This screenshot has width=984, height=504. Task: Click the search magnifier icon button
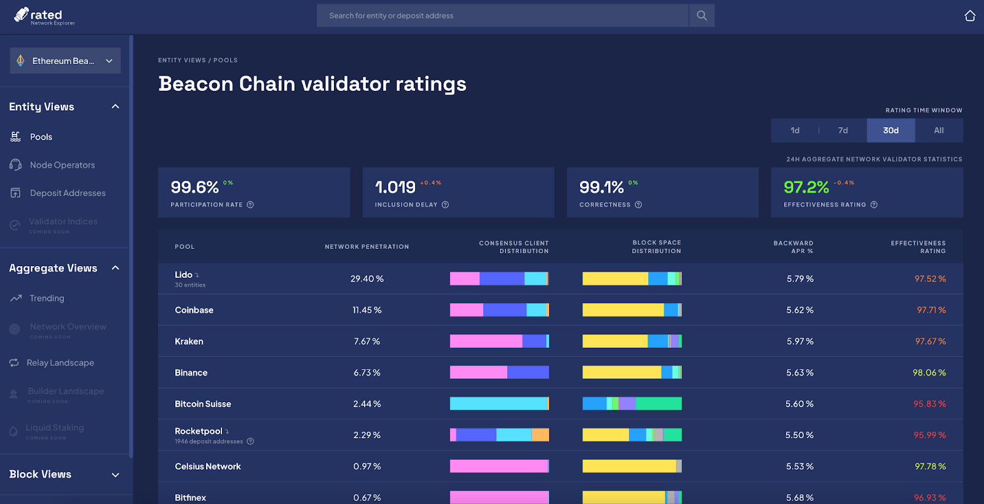click(x=702, y=16)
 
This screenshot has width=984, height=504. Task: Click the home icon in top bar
click(x=970, y=16)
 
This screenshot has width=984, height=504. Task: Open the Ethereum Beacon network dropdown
click(x=65, y=61)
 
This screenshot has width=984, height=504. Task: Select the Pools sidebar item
click(x=41, y=137)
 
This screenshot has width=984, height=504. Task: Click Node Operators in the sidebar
click(x=62, y=165)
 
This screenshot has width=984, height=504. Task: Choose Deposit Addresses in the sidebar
click(x=68, y=193)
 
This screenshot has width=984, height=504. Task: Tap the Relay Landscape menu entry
click(x=60, y=363)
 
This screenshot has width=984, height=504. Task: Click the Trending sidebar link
click(x=47, y=298)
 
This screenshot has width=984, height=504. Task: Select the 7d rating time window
click(x=843, y=130)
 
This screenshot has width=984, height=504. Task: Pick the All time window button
click(x=938, y=130)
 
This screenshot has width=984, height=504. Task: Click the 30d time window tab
click(x=891, y=130)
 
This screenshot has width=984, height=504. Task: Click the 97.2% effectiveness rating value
click(x=806, y=187)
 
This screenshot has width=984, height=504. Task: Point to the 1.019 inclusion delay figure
click(x=395, y=187)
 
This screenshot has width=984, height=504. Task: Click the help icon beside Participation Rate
click(x=250, y=205)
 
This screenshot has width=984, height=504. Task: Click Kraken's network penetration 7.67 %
click(x=367, y=341)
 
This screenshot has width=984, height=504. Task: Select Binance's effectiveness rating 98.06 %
click(x=929, y=372)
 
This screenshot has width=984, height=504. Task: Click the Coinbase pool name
click(x=194, y=310)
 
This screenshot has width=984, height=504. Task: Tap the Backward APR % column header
click(x=793, y=247)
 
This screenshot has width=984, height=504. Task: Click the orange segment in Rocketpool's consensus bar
click(x=540, y=435)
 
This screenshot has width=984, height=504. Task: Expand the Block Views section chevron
click(x=115, y=474)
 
